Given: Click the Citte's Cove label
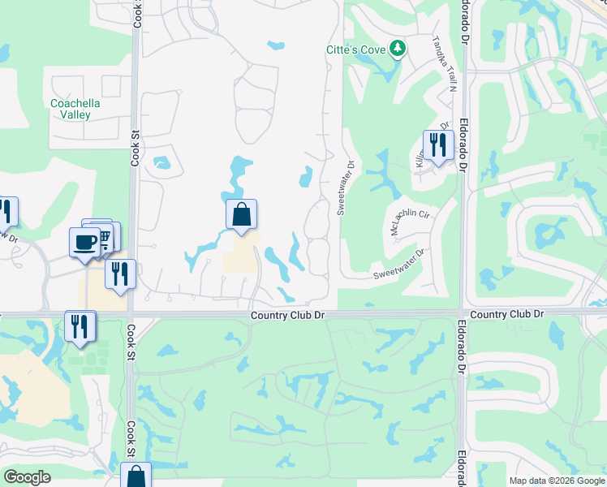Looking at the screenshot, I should [x=355, y=50].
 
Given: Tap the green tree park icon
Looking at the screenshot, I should [x=398, y=49].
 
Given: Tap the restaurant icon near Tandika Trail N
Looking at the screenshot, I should [x=438, y=146].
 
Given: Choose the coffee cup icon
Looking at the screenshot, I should [x=85, y=242].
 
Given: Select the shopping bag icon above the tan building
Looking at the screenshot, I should [x=241, y=215].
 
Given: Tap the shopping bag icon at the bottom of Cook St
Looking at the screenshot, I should [x=136, y=476].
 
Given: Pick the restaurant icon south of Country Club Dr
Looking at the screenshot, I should [x=80, y=325].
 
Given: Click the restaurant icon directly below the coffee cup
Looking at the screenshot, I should [x=120, y=274].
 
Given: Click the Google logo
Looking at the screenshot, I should [x=28, y=477].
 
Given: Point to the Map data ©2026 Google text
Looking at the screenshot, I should [x=557, y=481].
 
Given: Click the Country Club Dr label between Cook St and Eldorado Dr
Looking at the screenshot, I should [x=287, y=314].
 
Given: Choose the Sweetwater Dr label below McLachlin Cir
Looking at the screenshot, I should [x=399, y=264].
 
